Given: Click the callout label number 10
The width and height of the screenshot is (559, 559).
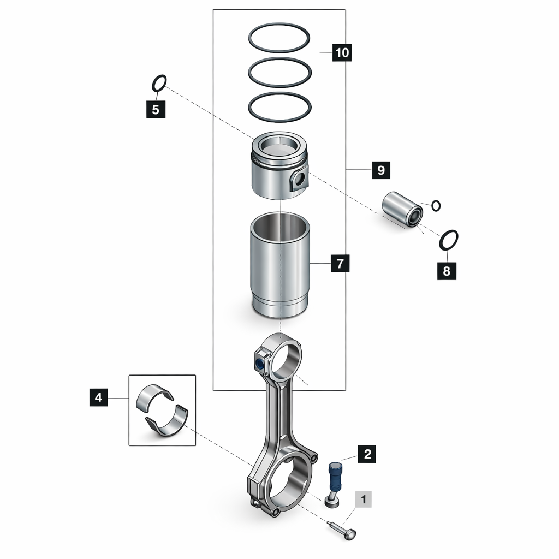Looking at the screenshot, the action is click(342, 52).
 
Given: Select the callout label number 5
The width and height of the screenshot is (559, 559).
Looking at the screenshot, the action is click(156, 109).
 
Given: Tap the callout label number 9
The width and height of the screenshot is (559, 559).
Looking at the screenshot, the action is click(380, 170).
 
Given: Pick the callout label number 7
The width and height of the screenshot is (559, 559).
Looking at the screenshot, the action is click(340, 263).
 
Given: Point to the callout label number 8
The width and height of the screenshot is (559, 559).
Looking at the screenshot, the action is click(447, 271).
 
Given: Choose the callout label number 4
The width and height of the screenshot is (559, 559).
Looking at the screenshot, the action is click(98, 397).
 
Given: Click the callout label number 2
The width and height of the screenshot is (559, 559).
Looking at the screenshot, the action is click(367, 454).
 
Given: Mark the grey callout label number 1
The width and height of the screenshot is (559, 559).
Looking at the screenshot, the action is click(363, 499).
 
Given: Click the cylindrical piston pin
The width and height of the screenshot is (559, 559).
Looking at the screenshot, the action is click(402, 210).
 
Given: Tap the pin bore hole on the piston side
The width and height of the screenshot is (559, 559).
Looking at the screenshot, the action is click(300, 179).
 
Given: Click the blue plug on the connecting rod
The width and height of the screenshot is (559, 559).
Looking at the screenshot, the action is click(259, 364).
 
